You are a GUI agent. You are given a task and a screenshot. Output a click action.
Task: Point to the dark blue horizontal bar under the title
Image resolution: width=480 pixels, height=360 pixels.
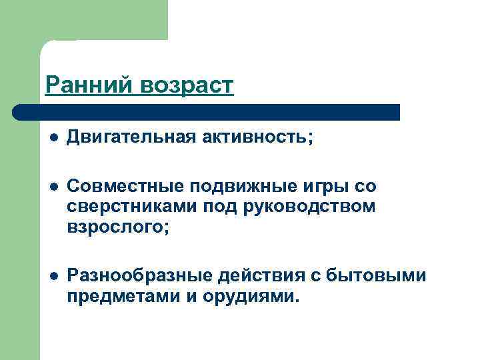pyautogui.click(x=207, y=112)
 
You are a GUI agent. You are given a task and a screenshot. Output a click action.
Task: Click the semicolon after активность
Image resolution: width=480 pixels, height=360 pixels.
pyautogui.click(x=309, y=139)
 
